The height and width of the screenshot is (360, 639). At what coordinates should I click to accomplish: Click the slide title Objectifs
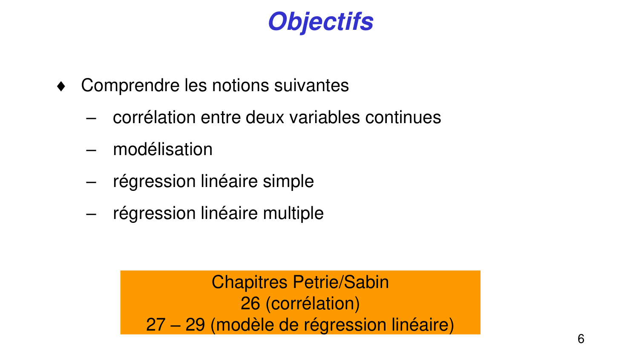(320, 22)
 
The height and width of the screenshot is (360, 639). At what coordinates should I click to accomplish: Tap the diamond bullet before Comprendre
(61, 86)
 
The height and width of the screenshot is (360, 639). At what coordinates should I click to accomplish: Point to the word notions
(241, 86)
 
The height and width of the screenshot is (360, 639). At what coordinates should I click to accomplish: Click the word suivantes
(311, 86)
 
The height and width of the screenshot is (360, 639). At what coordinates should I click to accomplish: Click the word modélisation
(162, 150)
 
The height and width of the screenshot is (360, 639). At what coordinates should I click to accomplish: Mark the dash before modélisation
(91, 150)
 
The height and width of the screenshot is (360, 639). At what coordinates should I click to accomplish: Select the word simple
(288, 182)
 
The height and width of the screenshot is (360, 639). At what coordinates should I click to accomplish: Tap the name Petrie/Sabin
(341, 282)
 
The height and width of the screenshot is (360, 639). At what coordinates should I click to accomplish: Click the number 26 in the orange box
(250, 304)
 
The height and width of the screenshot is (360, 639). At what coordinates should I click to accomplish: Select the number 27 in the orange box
(155, 325)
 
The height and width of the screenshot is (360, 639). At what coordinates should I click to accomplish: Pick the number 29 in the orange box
(195, 325)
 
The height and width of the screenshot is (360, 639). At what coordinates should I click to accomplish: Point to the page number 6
(581, 339)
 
